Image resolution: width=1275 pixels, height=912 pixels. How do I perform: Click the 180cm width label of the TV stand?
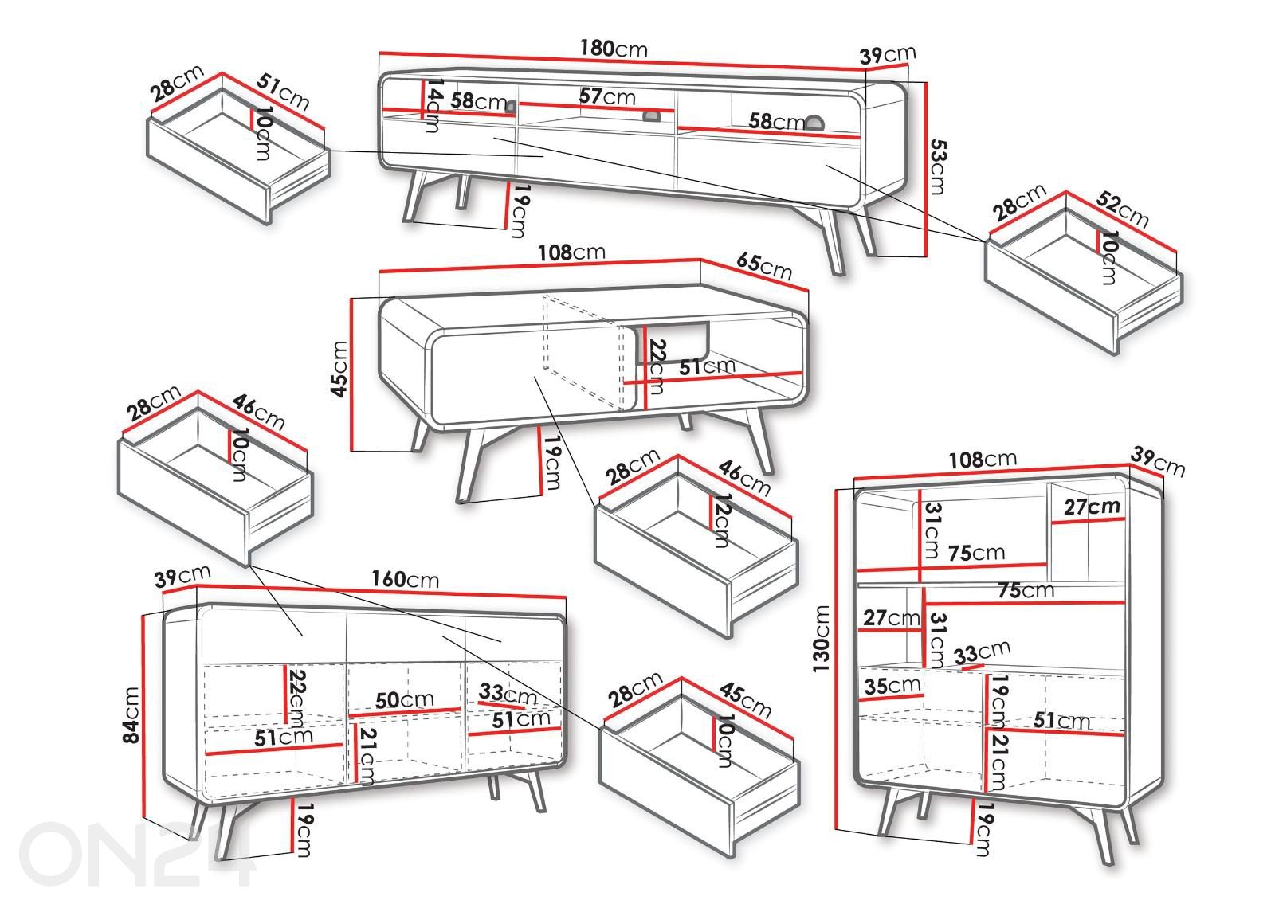(x=613, y=49)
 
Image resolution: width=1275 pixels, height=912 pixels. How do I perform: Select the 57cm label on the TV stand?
(x=607, y=97)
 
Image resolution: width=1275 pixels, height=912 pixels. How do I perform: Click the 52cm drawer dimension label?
(x=1122, y=209)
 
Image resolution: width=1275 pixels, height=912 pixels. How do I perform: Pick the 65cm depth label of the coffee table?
(x=765, y=265)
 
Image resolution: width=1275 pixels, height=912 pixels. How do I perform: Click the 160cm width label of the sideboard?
(x=406, y=579)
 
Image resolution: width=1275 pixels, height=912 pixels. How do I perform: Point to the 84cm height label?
(x=131, y=714)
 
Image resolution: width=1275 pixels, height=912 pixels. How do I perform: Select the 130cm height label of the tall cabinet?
(x=822, y=637)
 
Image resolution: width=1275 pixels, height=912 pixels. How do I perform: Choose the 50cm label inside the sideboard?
(x=405, y=700)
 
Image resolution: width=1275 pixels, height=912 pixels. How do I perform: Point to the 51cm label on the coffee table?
(x=706, y=366)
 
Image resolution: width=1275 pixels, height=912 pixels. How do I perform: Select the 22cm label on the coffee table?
(x=656, y=366)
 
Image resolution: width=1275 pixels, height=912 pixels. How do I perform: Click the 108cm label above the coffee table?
(x=571, y=252)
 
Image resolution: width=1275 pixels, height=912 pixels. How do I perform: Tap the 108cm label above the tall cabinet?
(x=983, y=460)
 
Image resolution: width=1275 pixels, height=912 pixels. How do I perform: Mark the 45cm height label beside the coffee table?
(x=340, y=369)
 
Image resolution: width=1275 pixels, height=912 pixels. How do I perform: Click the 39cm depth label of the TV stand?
(x=888, y=55)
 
